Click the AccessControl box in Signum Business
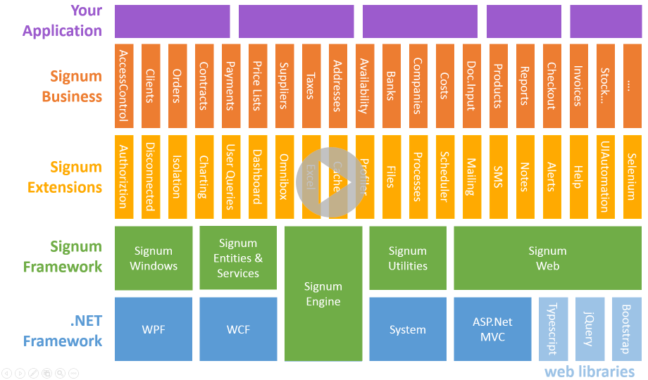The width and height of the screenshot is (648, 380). pos(123,86)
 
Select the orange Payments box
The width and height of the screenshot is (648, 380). pos(230,86)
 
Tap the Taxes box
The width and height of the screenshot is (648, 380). pos(311,86)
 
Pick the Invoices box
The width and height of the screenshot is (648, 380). pos(578,86)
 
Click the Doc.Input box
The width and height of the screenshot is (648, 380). pos(471,86)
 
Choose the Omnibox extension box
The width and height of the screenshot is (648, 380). pos(284,177)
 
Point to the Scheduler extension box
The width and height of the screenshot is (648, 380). pos(444,177)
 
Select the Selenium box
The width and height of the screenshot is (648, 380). pos(632,177)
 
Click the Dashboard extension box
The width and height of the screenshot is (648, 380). pos(257,177)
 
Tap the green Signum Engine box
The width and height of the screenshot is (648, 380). pos(323,293)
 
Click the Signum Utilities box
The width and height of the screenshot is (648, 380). pos(408,258)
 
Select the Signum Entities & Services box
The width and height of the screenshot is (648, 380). pos(238,258)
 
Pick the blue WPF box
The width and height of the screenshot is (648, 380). pos(154,329)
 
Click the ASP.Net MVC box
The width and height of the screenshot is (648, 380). pos(492,329)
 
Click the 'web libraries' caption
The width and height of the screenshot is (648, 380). pos(589,372)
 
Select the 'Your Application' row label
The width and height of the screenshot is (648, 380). pos(63,20)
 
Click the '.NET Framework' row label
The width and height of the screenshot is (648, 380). pos(63,331)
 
